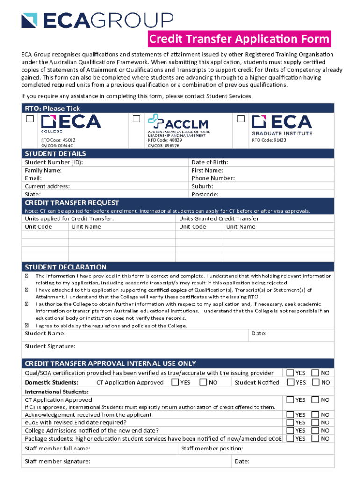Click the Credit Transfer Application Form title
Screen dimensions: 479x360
239,39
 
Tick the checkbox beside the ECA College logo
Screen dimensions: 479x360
30,119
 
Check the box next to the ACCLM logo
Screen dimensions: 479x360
137,119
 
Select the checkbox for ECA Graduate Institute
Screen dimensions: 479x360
241,119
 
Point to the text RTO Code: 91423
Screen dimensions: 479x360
269,140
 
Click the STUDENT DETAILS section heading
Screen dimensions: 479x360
55,154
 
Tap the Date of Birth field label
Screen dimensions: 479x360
210,162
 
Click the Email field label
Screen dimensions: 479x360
33,178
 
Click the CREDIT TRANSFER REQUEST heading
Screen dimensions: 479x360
72,203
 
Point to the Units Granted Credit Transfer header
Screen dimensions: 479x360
219,218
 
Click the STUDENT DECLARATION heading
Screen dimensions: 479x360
65,267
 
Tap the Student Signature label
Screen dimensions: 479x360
50,346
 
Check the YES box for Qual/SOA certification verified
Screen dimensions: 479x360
290,373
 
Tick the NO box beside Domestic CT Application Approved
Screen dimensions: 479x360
203,382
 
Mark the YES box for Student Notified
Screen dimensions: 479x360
290,382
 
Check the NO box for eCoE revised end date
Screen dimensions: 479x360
316,422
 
